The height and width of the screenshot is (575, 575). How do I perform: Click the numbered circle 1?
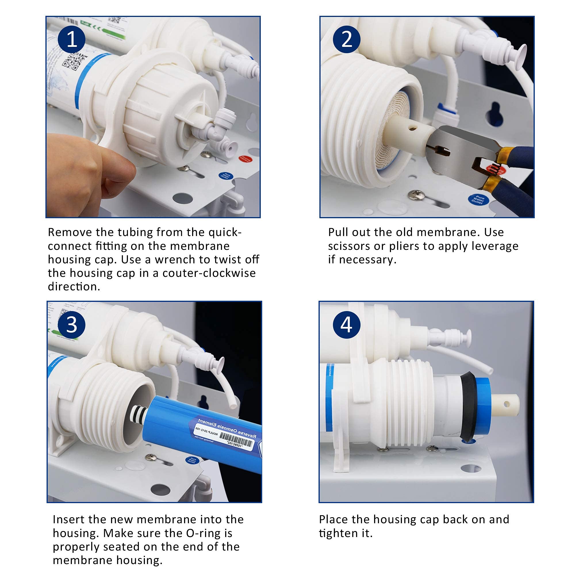click(x=71, y=39)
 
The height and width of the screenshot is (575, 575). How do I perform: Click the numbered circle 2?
click(x=346, y=39)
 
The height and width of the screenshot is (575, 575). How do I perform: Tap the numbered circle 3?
click(x=71, y=325)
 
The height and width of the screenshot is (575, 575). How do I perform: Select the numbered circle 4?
click(x=346, y=325)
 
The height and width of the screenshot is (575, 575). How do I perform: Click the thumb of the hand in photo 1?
click(x=116, y=170)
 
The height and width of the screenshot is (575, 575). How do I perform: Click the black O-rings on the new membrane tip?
click(x=138, y=414)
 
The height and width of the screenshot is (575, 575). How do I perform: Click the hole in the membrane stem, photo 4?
click(x=507, y=404)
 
